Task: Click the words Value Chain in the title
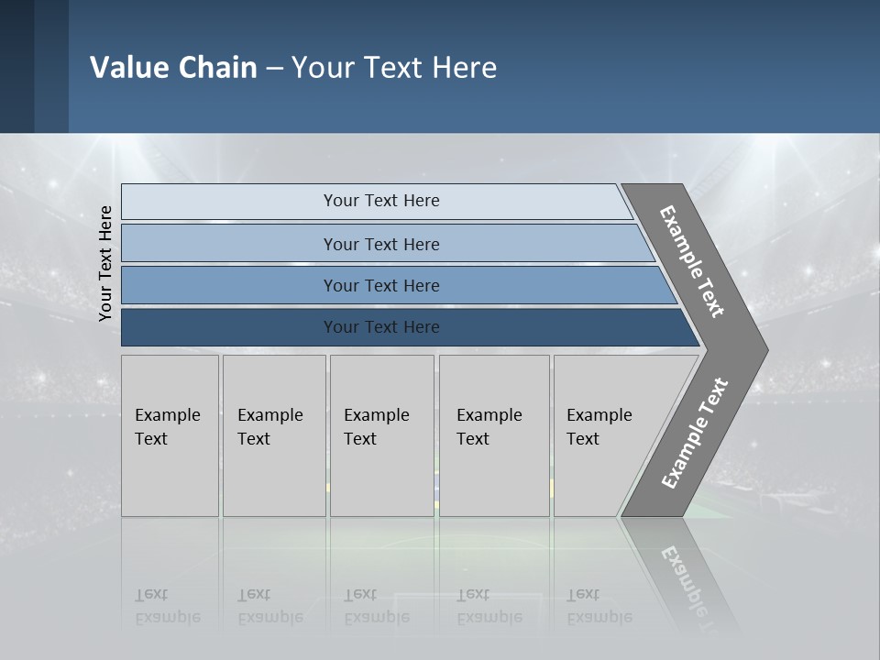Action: (173, 68)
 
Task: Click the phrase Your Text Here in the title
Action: (394, 68)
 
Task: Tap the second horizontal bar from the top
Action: (381, 244)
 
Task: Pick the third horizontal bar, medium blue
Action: (381, 285)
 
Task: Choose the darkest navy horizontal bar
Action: (381, 327)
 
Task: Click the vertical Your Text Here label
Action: (105, 263)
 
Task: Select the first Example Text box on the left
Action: (170, 435)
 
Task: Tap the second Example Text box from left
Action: (273, 435)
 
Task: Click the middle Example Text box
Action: (381, 435)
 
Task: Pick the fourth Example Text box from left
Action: (493, 435)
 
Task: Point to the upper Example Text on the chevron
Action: (692, 261)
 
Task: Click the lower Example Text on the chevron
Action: (695, 434)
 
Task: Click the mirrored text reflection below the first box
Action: (167, 606)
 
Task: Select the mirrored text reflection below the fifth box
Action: (599, 606)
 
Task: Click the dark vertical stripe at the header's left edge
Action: (16, 66)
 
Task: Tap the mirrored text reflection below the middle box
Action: (376, 606)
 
